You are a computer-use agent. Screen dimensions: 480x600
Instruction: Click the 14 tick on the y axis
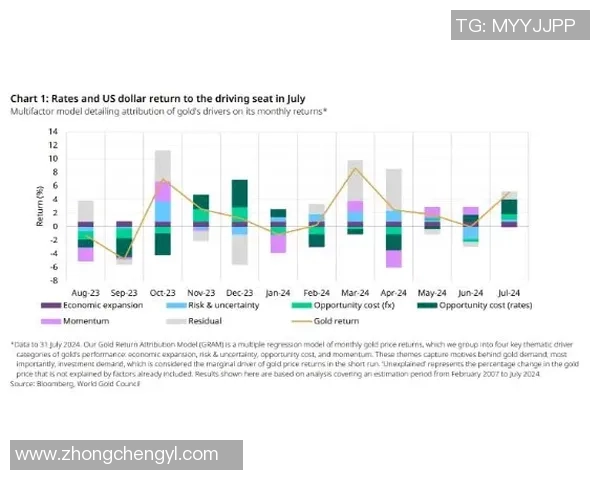56,145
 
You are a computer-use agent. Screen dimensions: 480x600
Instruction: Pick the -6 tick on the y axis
56,267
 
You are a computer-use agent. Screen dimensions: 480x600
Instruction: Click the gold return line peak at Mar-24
355,169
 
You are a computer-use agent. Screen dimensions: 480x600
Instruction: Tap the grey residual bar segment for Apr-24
394,189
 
